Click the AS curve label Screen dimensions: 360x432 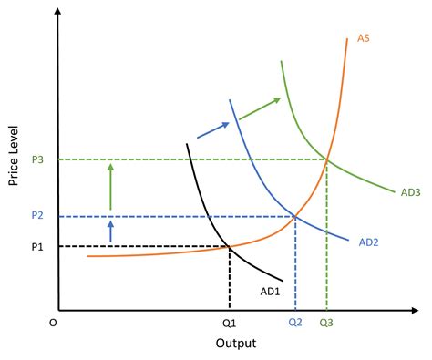click(362, 38)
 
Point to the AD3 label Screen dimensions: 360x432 click(410, 192)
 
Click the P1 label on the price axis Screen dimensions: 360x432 click(36, 247)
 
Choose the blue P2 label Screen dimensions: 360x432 click(36, 216)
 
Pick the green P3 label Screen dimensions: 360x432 click(36, 159)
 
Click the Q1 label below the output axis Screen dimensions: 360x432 click(228, 323)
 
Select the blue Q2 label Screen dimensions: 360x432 click(294, 323)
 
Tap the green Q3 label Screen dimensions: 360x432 click(326, 323)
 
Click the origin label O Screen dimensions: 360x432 click(52, 323)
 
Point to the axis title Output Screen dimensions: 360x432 click(236, 344)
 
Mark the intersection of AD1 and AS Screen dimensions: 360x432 click(228, 247)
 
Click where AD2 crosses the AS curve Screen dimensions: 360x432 click(294, 216)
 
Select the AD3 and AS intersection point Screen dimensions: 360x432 click(326, 159)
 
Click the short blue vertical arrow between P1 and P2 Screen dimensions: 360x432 click(111, 231)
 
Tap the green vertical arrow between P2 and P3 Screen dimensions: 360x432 click(111, 186)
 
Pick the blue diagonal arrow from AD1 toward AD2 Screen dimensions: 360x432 click(212, 129)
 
